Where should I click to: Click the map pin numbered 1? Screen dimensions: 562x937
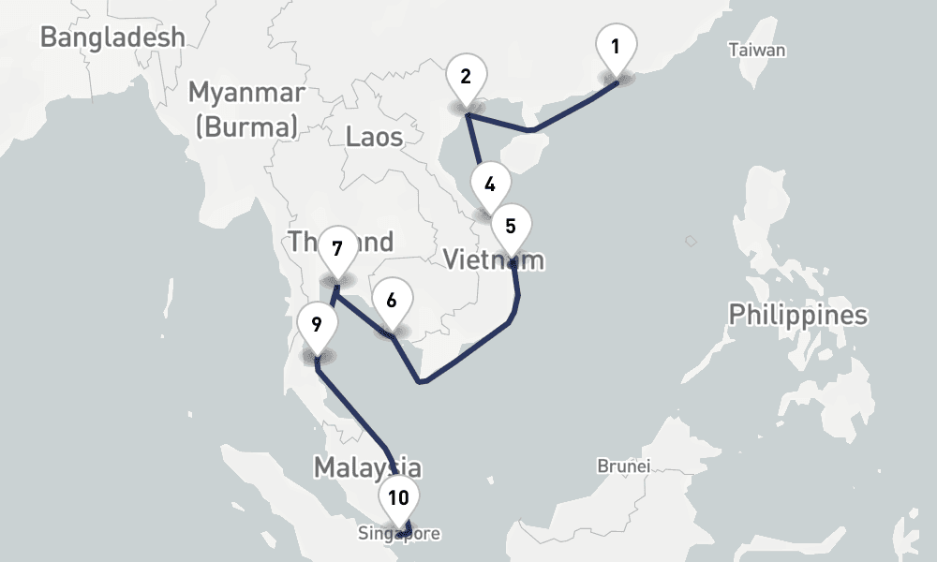click(617, 47)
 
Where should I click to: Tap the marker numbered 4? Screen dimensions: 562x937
click(490, 184)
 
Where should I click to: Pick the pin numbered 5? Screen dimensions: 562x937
click(511, 226)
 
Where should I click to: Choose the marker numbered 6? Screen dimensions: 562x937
click(392, 301)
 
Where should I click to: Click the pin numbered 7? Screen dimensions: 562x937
click(337, 249)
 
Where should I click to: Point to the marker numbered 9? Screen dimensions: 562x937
click(317, 325)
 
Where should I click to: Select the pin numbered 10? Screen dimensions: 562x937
click(398, 497)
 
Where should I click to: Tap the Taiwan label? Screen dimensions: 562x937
click(757, 50)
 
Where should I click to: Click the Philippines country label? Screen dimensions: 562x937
click(798, 315)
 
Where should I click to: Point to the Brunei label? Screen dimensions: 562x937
click(623, 465)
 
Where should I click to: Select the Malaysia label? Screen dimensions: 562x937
click(366, 466)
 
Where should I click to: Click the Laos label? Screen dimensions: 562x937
click(374, 137)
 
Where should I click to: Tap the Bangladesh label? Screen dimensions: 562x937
click(112, 37)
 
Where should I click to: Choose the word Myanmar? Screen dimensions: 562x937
click(246, 93)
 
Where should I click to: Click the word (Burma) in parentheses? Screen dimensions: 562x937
click(246, 126)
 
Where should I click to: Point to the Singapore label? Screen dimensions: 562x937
click(398, 534)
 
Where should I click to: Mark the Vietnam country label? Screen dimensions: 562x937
click(493, 259)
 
